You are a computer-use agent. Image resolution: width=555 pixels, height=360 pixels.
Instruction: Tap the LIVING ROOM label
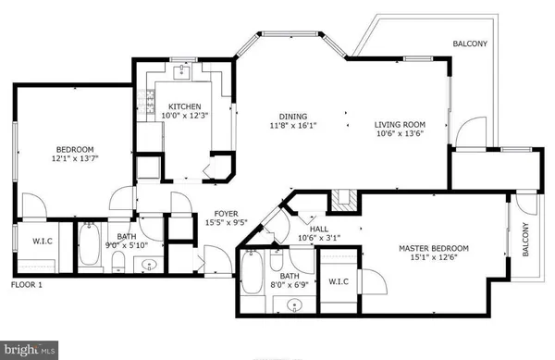click(400, 125)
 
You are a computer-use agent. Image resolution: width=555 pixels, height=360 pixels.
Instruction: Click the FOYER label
click(228, 212)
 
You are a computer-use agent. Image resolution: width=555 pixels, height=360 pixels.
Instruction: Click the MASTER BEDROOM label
click(433, 248)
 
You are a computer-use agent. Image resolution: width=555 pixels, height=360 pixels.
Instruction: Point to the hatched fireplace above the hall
click(346, 197)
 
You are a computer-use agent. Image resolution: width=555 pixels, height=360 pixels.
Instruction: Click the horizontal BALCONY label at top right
click(471, 43)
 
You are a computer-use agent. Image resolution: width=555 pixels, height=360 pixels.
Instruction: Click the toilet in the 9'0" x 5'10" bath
click(117, 265)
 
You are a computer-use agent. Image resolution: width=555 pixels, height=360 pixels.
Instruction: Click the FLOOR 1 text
click(29, 285)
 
